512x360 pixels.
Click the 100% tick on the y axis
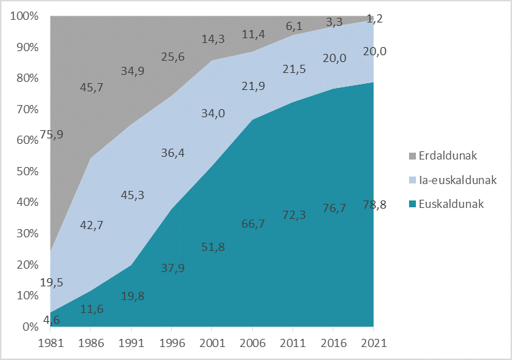[x=25, y=16]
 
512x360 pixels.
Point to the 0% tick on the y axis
[x=30, y=327]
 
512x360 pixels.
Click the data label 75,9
[x=51, y=134]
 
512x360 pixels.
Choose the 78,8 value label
[x=373, y=203]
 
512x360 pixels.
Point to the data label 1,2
[x=374, y=19]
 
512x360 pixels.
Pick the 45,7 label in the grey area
[x=92, y=87]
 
